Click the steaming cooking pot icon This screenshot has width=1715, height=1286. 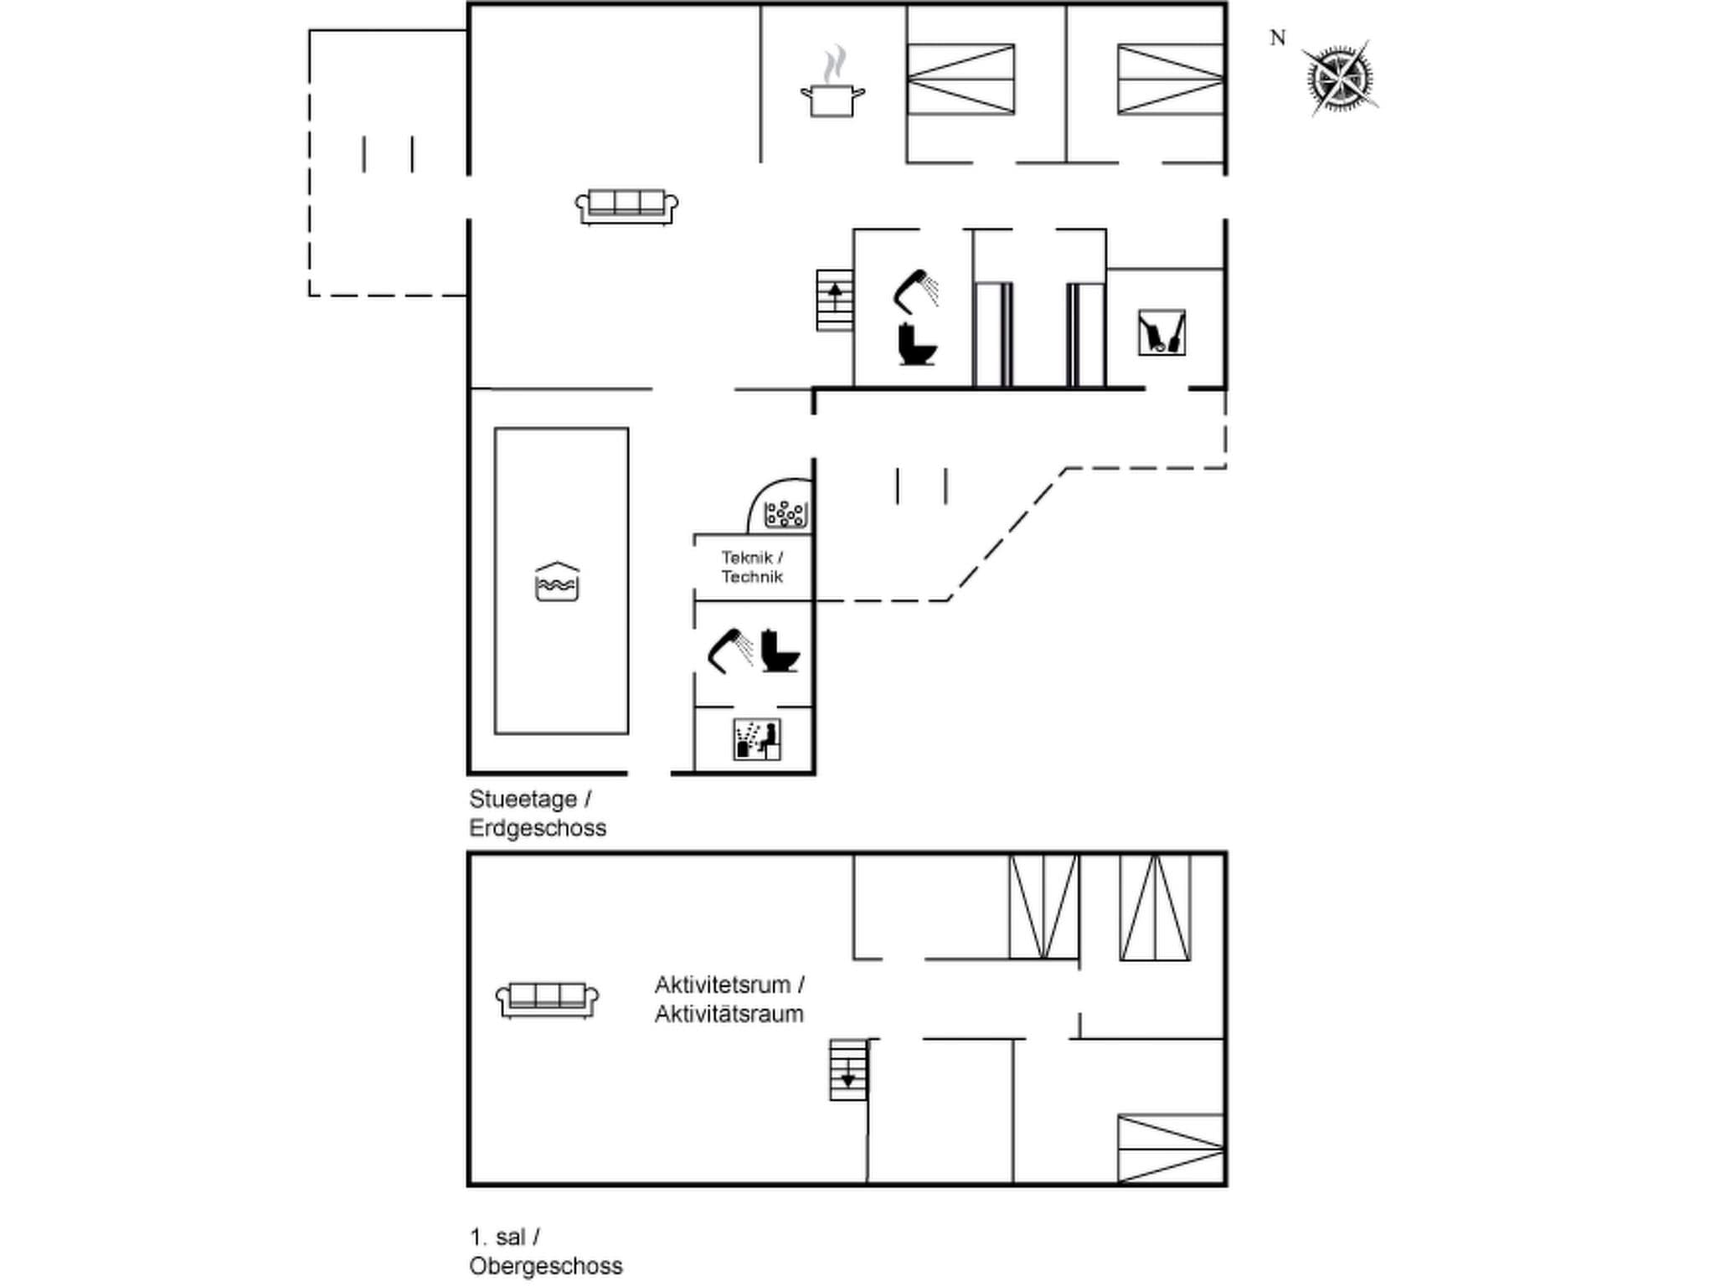[832, 87]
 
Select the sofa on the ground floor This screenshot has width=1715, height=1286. [626, 206]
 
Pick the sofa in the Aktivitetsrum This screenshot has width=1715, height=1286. [547, 999]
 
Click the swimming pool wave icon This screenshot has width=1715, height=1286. [557, 582]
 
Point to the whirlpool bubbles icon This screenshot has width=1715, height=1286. [785, 513]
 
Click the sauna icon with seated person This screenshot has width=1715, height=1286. [757, 739]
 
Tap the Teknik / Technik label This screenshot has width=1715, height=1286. [752, 567]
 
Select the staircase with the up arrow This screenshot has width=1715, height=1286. [835, 300]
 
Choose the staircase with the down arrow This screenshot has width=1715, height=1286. [847, 1070]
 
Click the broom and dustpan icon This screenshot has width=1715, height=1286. [1161, 332]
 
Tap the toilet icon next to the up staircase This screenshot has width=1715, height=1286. [917, 344]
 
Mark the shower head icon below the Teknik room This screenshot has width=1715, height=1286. [729, 650]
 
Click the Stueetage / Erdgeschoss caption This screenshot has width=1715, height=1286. [537, 813]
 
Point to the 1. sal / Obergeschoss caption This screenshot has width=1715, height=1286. [545, 1252]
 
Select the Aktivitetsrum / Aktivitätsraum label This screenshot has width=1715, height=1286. [729, 999]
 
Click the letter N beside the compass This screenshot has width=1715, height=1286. [1277, 39]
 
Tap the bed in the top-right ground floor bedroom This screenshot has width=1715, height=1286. [1170, 80]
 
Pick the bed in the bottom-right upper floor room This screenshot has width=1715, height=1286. [1170, 1148]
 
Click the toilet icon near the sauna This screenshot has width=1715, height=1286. [780, 651]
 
